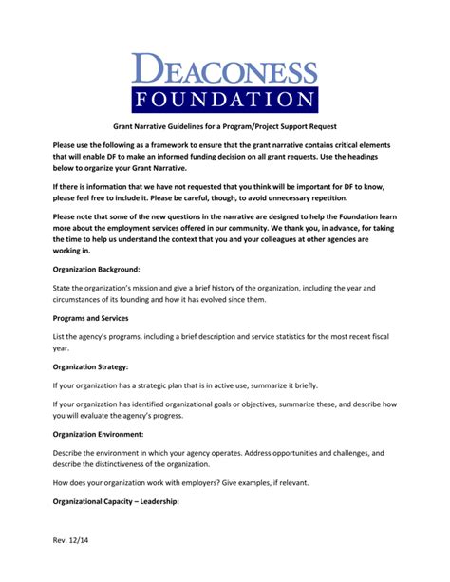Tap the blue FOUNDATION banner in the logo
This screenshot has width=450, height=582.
tap(225, 99)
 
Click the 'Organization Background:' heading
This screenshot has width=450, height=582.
tap(97, 270)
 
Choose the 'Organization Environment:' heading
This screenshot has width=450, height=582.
tap(99, 434)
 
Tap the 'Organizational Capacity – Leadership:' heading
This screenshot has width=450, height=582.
tap(116, 500)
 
